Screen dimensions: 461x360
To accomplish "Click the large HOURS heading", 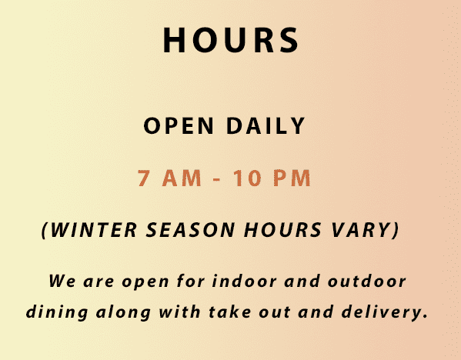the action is [231, 40].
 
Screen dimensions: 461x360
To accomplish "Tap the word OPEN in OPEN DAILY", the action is [179, 126].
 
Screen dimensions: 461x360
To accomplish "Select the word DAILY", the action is [266, 126].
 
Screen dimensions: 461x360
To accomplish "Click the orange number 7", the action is [144, 178].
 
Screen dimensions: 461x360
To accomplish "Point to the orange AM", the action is [182, 178].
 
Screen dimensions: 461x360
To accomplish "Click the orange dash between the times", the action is [216, 179].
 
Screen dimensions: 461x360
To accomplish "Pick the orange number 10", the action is [247, 178].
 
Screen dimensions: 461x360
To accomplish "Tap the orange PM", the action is [292, 178].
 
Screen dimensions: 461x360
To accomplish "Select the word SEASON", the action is [191, 229].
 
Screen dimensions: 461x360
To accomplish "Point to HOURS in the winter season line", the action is [282, 229].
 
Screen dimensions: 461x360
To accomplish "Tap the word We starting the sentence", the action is [62, 281].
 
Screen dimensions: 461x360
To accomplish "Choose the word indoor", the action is [244, 280].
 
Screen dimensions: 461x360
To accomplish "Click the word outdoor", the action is [366, 280].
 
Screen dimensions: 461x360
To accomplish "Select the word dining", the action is [57, 312].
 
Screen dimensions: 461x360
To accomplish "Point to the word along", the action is [123, 312].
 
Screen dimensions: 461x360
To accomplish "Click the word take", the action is [230, 312].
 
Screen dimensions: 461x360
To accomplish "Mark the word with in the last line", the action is [179, 312].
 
